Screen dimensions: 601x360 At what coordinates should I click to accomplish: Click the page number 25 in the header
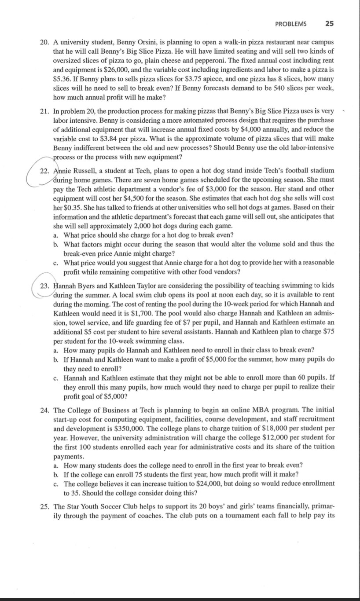tap(329, 23)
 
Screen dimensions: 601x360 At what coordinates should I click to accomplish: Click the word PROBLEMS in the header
tap(291, 23)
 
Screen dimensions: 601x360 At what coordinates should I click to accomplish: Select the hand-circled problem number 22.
tap(44, 170)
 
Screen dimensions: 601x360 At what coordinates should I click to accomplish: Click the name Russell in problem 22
tap(86, 170)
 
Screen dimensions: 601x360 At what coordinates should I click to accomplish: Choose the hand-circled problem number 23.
tap(44, 285)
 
